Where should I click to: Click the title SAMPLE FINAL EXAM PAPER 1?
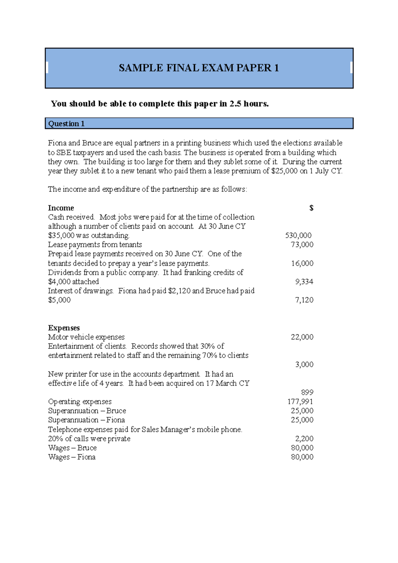(199, 68)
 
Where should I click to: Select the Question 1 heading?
(66, 124)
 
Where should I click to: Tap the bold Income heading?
(61, 208)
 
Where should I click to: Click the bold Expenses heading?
(64, 328)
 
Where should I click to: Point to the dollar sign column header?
(311, 208)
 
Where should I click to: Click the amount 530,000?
(298, 235)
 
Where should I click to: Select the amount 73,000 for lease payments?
(302, 245)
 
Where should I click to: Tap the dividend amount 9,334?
(304, 282)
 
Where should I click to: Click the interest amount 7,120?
(304, 300)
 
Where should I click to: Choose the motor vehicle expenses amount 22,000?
(302, 337)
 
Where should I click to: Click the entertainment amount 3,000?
(304, 365)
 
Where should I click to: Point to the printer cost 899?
(307, 393)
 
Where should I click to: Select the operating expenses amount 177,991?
(300, 402)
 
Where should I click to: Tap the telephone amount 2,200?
(304, 439)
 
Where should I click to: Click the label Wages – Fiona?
(72, 457)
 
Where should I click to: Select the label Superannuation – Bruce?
(87, 411)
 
